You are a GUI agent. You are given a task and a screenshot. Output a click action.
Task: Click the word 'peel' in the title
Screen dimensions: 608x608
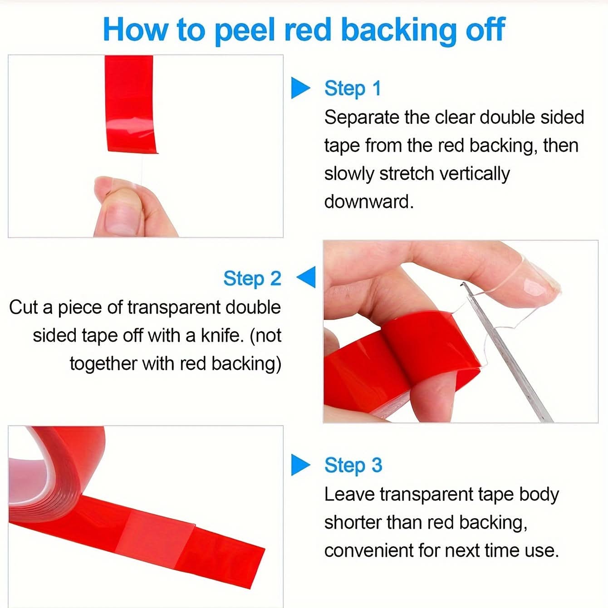click(245, 31)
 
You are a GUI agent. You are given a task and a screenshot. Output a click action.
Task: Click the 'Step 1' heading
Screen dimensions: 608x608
click(353, 88)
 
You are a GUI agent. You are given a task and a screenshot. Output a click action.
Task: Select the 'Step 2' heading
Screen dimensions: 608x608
click(252, 279)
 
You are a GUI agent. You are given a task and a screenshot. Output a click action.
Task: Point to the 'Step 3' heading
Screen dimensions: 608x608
click(353, 466)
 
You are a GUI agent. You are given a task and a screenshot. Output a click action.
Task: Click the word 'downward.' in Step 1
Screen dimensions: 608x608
click(369, 201)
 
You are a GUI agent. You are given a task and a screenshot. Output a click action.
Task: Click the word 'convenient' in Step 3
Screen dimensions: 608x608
click(369, 551)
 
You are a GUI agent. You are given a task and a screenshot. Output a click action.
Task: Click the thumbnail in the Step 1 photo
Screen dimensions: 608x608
click(122, 218)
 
